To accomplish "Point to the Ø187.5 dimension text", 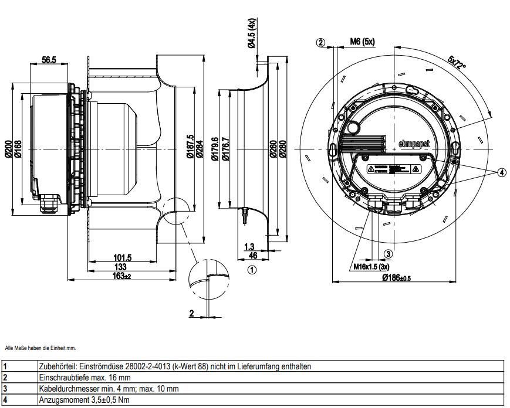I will click(190, 150).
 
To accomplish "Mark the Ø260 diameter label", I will click(273, 151).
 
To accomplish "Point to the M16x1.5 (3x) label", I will click(370, 266).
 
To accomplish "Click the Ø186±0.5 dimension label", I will click(396, 277).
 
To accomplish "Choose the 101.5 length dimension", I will click(122, 257).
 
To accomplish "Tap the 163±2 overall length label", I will click(122, 276).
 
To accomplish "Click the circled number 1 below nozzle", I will click(252, 270).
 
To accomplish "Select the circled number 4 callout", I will click(501, 172).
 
